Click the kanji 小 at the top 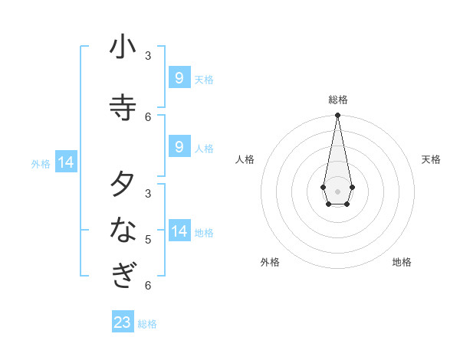(123, 47)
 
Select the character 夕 (123, 184)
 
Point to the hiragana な (123, 228)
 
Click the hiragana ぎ (123, 274)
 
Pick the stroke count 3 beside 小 (148, 55)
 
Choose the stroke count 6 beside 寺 (148, 116)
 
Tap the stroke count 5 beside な (148, 239)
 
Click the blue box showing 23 (123, 322)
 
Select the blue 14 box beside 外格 (66, 162)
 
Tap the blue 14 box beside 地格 (179, 231)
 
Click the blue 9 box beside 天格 (179, 77)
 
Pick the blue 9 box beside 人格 (179, 146)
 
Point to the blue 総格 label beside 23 (147, 324)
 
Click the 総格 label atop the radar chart (338, 100)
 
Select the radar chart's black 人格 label (245, 159)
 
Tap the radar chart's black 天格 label (432, 159)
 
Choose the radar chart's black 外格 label (270, 262)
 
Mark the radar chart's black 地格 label (402, 262)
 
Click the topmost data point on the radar (337, 116)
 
